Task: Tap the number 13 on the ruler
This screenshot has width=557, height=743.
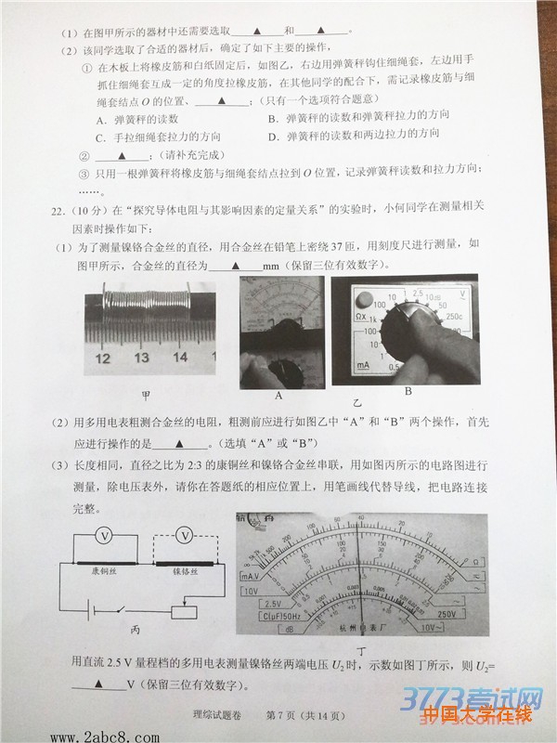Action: pos(141,358)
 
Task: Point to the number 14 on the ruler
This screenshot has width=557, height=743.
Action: pos(180,358)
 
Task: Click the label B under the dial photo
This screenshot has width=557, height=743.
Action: pos(407,393)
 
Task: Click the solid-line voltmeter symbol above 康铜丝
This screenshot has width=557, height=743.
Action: pos(105,536)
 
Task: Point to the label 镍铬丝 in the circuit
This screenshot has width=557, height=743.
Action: pos(184,573)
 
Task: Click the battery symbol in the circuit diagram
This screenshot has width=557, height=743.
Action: pos(96,609)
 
